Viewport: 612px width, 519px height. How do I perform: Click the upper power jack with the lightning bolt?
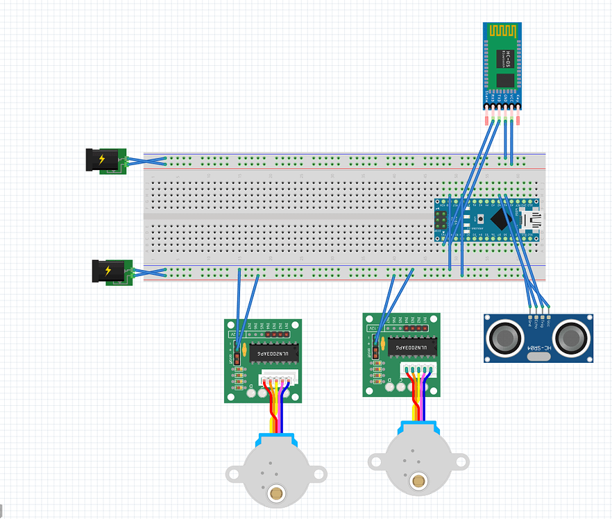(x=101, y=160)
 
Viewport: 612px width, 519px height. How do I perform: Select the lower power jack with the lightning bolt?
(x=109, y=271)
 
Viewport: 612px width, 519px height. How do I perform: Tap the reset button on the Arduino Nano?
(x=479, y=221)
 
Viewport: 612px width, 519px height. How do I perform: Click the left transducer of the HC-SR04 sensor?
(x=504, y=338)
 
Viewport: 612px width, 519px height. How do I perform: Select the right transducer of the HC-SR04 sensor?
(x=572, y=338)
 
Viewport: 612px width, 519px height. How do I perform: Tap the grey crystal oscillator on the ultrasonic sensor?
(x=538, y=357)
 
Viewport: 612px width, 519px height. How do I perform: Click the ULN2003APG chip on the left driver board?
(x=273, y=353)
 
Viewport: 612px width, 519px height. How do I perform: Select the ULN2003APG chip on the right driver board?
(x=413, y=346)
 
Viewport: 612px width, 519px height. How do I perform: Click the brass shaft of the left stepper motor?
(x=275, y=493)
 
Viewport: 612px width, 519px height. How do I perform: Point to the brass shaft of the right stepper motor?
(x=418, y=480)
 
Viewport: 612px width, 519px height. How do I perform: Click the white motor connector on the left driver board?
(x=279, y=379)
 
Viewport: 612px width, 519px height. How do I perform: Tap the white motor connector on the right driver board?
(x=419, y=372)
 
